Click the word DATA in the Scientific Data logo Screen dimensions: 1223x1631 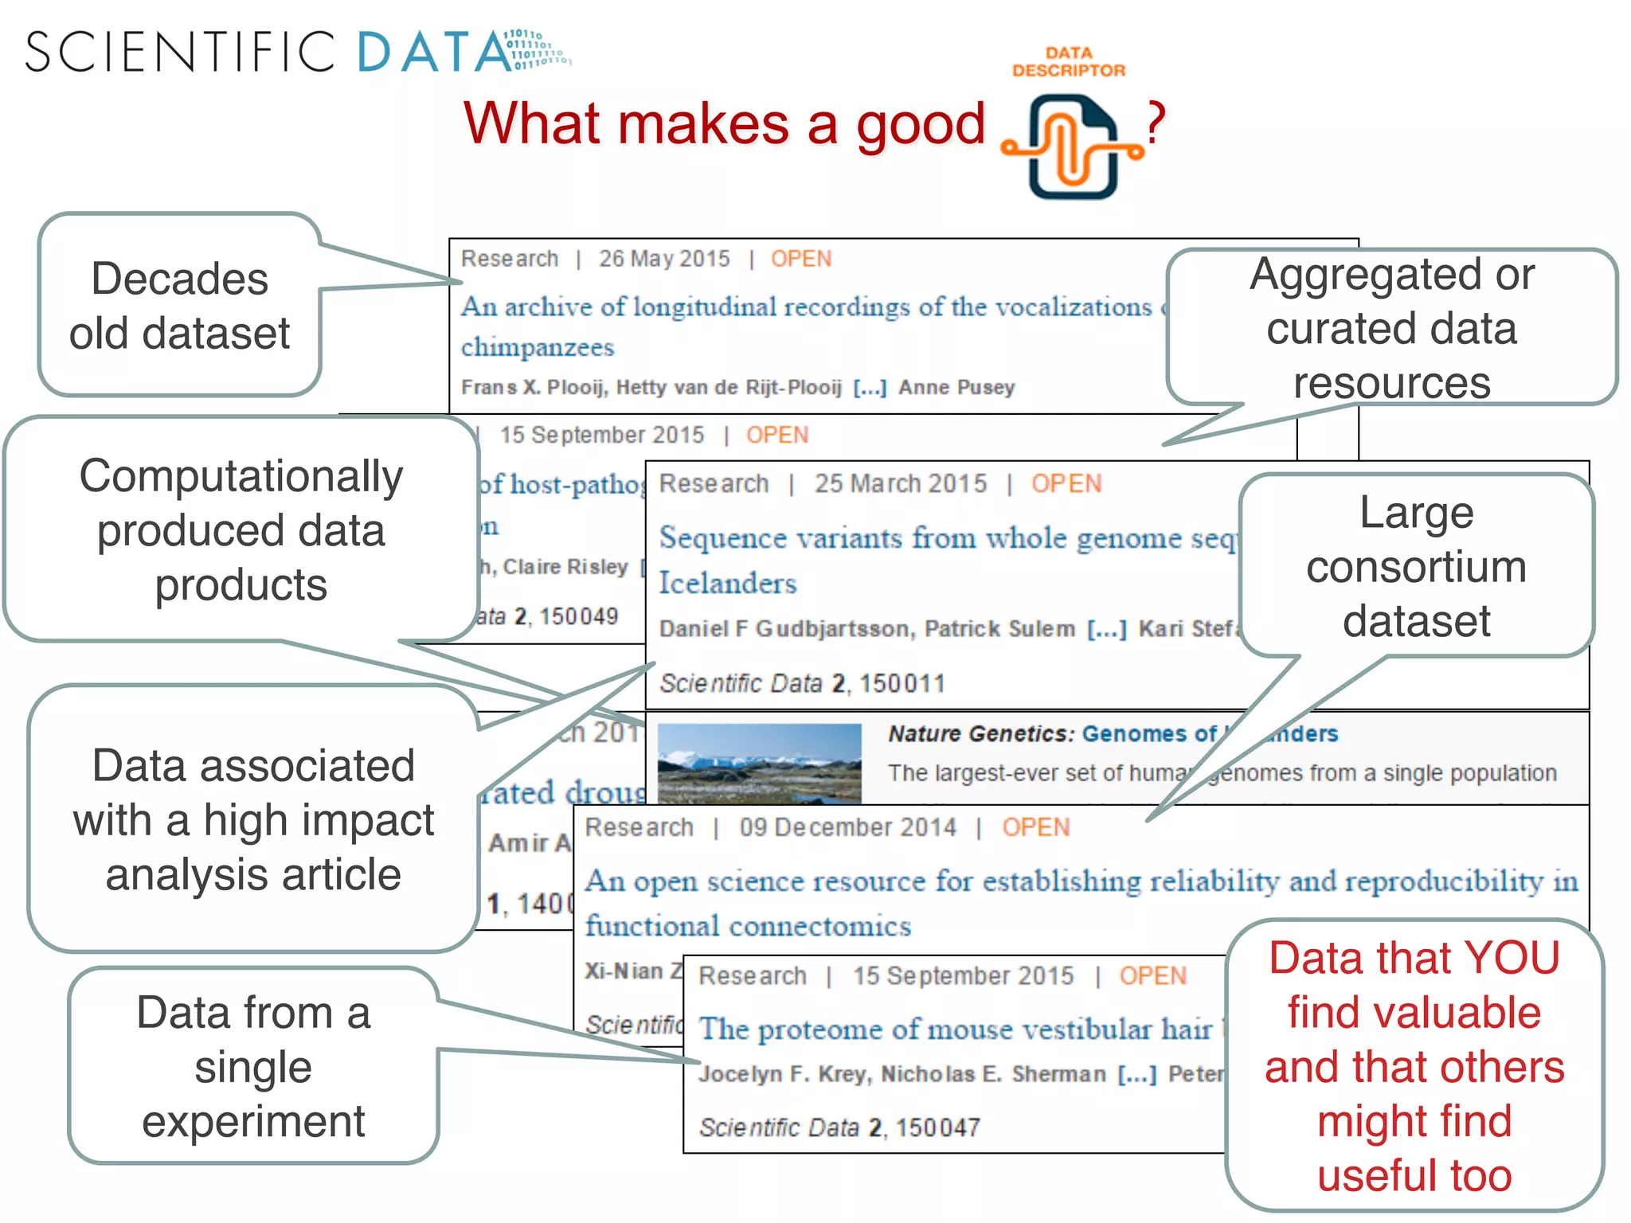point(434,53)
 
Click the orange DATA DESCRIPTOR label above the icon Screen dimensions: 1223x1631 point(1069,62)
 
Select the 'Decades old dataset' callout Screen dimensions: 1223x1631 point(180,306)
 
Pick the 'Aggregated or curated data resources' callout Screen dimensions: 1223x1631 point(1391,328)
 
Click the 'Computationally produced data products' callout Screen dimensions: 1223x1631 point(241,529)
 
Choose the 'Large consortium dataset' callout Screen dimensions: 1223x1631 point(1416,566)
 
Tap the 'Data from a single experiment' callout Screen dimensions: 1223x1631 point(253,1066)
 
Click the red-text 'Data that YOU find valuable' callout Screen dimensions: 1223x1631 point(1414,1065)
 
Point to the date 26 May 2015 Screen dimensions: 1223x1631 point(664,259)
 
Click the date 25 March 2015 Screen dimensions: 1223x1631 point(900,483)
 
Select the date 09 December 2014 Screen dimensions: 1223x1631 point(847,827)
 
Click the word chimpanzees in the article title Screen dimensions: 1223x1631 point(538,347)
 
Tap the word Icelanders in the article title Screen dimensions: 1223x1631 point(727,583)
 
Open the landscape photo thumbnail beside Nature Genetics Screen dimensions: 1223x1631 point(759,762)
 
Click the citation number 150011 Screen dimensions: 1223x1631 point(902,683)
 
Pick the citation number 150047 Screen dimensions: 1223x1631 point(937,1127)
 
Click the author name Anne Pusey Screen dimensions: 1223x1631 point(956,388)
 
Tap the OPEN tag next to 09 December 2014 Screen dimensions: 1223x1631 point(1035,827)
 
